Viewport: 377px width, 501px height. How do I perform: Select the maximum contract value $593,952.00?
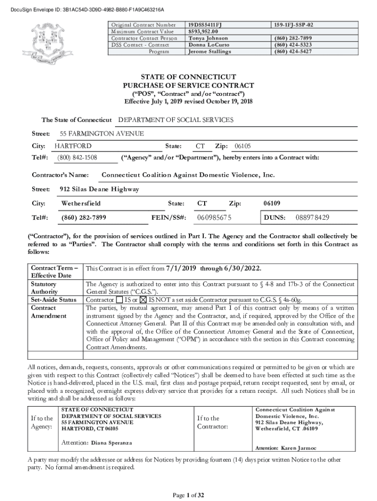207,31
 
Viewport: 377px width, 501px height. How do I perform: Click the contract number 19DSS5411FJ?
209,24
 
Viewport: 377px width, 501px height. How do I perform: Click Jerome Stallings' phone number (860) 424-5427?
293,51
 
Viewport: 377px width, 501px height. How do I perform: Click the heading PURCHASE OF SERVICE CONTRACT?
188,86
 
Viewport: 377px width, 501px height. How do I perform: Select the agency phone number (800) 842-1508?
77,158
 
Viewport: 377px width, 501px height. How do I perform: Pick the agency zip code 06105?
243,146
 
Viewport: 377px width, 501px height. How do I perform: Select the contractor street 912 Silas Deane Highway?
99,189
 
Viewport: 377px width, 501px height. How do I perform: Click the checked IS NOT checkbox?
143,299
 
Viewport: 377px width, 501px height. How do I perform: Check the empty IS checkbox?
119,299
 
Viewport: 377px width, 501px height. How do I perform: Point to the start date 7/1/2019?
181,269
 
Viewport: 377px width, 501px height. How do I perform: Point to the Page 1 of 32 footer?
188,495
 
